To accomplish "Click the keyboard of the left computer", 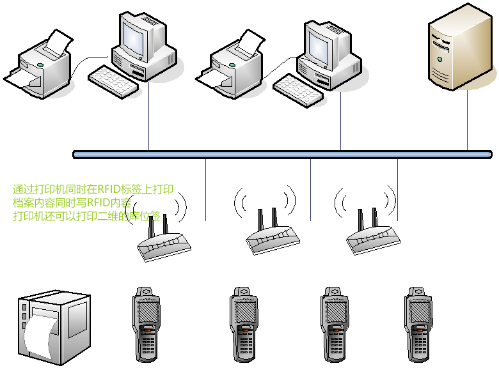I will pyautogui.click(x=114, y=81).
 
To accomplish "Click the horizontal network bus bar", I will pyautogui.click(x=281, y=154).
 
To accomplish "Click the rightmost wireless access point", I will pyautogui.click(x=374, y=236).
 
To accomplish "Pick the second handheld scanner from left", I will pyautogui.click(x=246, y=323).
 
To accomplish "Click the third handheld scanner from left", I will pyautogui.click(x=336, y=323).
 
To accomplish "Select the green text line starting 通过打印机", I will pyautogui.click(x=93, y=189).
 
